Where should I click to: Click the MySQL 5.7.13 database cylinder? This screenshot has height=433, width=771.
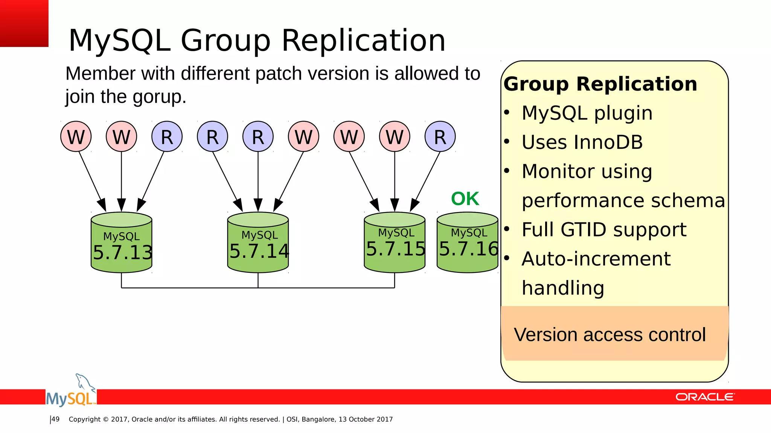(x=121, y=242)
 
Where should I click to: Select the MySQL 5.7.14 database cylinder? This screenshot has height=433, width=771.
(x=258, y=242)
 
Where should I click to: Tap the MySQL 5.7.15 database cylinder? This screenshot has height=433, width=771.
(x=395, y=242)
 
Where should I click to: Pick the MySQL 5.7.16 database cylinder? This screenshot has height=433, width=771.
(x=468, y=242)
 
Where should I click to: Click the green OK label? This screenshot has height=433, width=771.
(x=465, y=199)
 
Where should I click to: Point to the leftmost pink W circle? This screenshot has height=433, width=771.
(x=76, y=136)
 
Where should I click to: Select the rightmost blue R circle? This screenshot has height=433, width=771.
(x=440, y=136)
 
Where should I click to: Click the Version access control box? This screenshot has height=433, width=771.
(x=614, y=334)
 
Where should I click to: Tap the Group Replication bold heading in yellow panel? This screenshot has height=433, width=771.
(x=600, y=84)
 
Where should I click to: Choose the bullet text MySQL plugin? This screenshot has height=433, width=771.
(x=587, y=113)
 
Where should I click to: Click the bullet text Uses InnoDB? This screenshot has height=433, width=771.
(x=582, y=142)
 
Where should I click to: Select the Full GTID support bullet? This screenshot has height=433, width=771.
(x=604, y=230)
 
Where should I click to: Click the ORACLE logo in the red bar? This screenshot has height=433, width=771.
(x=704, y=397)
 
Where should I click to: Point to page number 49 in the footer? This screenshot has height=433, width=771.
(x=56, y=419)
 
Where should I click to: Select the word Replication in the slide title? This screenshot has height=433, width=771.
(x=363, y=40)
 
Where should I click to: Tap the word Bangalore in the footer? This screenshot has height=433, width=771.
(x=318, y=419)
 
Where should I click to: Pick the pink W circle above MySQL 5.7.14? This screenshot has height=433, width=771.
(x=303, y=136)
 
